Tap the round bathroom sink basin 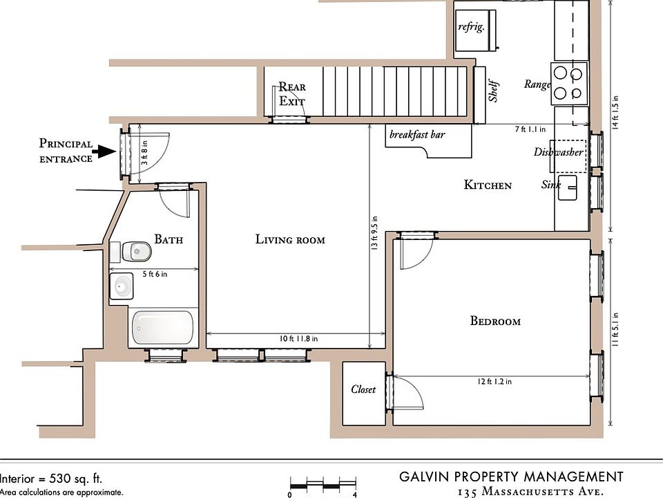(123, 285)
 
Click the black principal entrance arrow (106, 151)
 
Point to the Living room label (290, 240)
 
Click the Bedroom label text (495, 321)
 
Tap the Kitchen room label (488, 185)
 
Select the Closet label (363, 389)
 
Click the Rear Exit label (291, 94)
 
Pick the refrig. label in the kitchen (471, 27)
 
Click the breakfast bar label (417, 135)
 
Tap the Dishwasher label (558, 152)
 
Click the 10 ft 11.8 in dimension (295, 339)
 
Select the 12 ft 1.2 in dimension (492, 381)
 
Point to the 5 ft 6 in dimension (155, 274)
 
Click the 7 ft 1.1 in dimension (530, 129)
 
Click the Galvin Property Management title (511, 477)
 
